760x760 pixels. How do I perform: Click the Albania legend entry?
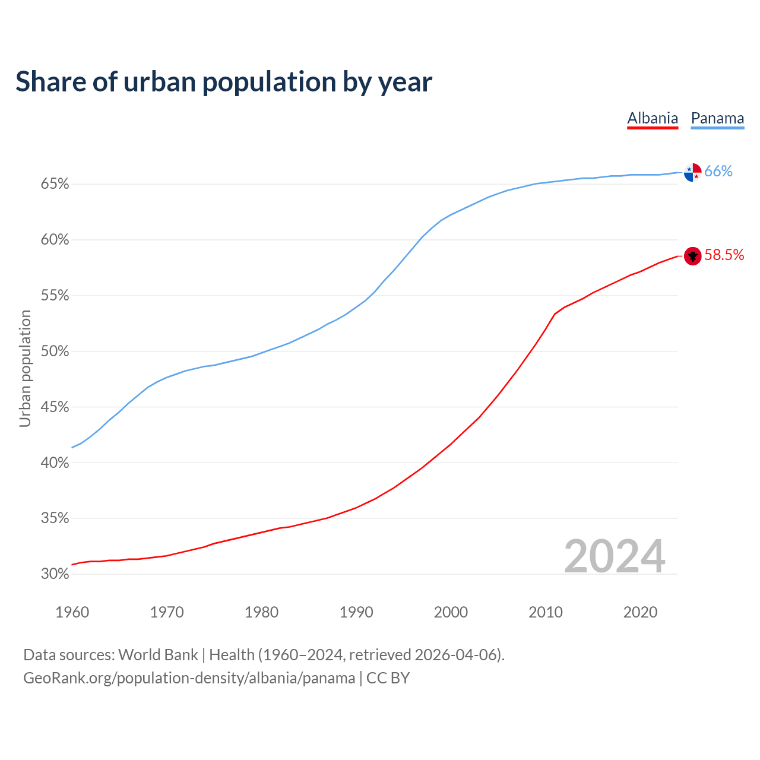click(x=653, y=118)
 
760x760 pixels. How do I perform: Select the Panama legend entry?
click(x=717, y=118)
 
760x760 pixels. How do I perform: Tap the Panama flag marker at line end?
click(x=692, y=172)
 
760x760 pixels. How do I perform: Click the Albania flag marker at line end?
click(x=692, y=256)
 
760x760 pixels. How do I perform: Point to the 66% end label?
click(x=718, y=172)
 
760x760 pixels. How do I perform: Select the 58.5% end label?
click(x=724, y=255)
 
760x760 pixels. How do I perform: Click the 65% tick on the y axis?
click(x=55, y=184)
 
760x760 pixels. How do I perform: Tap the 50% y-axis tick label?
click(x=55, y=351)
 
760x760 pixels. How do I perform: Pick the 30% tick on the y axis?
click(x=55, y=574)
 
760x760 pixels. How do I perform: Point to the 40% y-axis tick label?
click(x=55, y=463)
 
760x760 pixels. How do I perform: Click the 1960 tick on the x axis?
click(x=72, y=612)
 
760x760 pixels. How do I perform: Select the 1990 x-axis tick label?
click(x=356, y=612)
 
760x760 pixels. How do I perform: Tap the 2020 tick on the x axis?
click(x=640, y=612)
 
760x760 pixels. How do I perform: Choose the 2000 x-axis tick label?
click(x=451, y=612)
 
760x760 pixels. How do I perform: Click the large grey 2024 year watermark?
click(x=615, y=556)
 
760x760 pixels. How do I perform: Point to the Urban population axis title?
click(x=25, y=368)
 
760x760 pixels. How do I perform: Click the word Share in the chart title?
click(x=50, y=82)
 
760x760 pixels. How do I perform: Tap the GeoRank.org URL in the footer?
click(x=189, y=678)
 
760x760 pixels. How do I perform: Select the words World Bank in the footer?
click(x=158, y=655)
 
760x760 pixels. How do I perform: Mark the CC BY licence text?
click(x=388, y=678)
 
